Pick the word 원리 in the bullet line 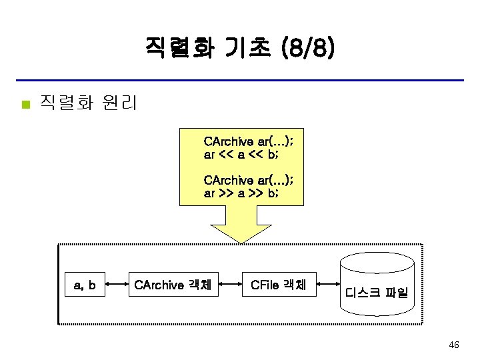120,103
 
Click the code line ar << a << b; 241,155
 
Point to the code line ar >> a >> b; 241,193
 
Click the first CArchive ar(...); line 248,142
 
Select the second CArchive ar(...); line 248,180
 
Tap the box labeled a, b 85,285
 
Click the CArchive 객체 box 173,285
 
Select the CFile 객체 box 278,285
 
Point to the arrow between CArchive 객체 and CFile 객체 231,285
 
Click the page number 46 453,345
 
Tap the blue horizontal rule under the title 239,81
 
